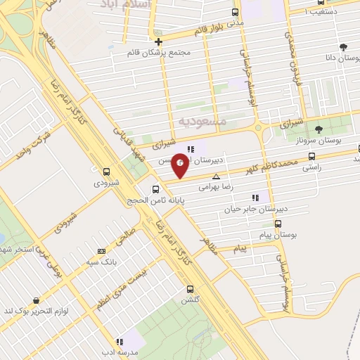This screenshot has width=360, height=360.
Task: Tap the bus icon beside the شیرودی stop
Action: [107, 172]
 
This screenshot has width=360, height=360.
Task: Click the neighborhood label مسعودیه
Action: [203, 122]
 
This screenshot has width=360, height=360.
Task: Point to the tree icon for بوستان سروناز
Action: [319, 129]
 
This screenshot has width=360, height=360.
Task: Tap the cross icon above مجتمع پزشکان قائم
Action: [159, 41]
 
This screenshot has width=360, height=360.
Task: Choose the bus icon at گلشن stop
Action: [190, 289]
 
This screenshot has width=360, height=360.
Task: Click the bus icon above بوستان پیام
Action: [278, 224]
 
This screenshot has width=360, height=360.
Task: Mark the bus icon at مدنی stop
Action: [235, 12]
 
